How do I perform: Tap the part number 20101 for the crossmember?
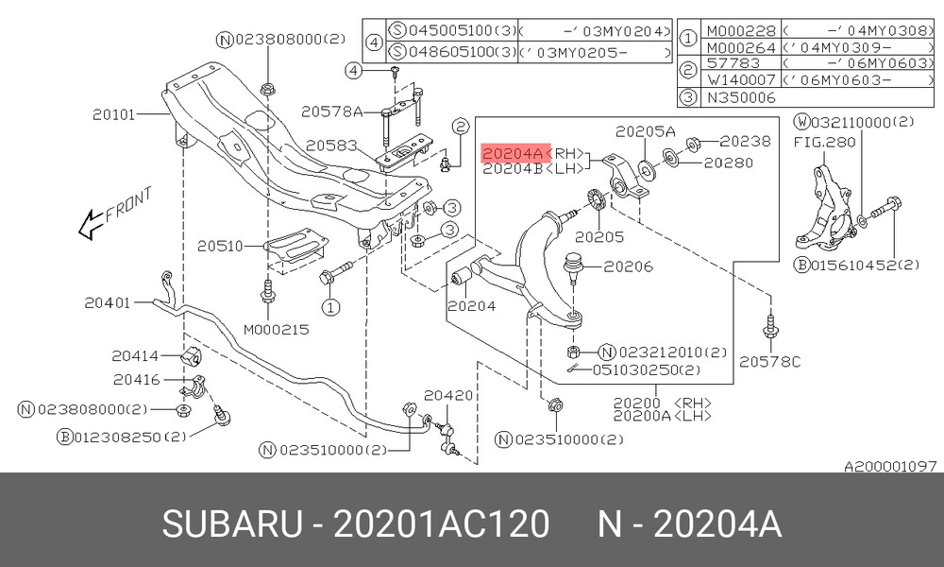[x=114, y=114]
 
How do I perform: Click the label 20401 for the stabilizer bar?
[x=108, y=302]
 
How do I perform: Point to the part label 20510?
[x=220, y=246]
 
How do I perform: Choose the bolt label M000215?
[x=277, y=330]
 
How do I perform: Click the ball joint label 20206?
[x=629, y=266]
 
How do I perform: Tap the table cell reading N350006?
[x=741, y=97]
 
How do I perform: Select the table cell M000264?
[x=741, y=47]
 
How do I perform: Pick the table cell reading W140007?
[x=741, y=79]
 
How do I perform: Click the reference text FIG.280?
[x=824, y=142]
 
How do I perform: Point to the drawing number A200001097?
[x=890, y=466]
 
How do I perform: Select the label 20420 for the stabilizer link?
[x=448, y=395]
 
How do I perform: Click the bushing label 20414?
[x=135, y=355]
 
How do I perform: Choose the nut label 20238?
[x=746, y=141]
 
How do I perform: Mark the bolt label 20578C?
[x=770, y=361]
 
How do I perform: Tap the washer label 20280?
[x=729, y=163]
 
